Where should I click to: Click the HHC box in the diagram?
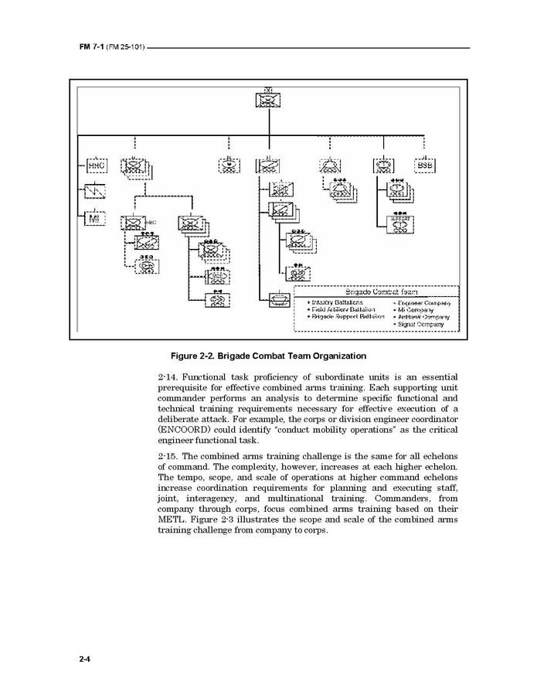(x=95, y=165)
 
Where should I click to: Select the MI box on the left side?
(x=95, y=219)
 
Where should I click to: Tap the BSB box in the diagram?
(x=424, y=165)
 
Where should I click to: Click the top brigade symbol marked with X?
(x=267, y=99)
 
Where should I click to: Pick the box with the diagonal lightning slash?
(x=95, y=191)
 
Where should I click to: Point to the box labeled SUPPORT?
(x=400, y=224)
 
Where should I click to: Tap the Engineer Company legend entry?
(x=423, y=302)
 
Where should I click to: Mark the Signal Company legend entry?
(x=420, y=325)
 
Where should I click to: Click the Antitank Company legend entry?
(x=423, y=317)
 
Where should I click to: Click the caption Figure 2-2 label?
(x=268, y=356)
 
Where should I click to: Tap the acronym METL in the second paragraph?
(x=173, y=520)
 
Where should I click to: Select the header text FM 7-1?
(x=91, y=48)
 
